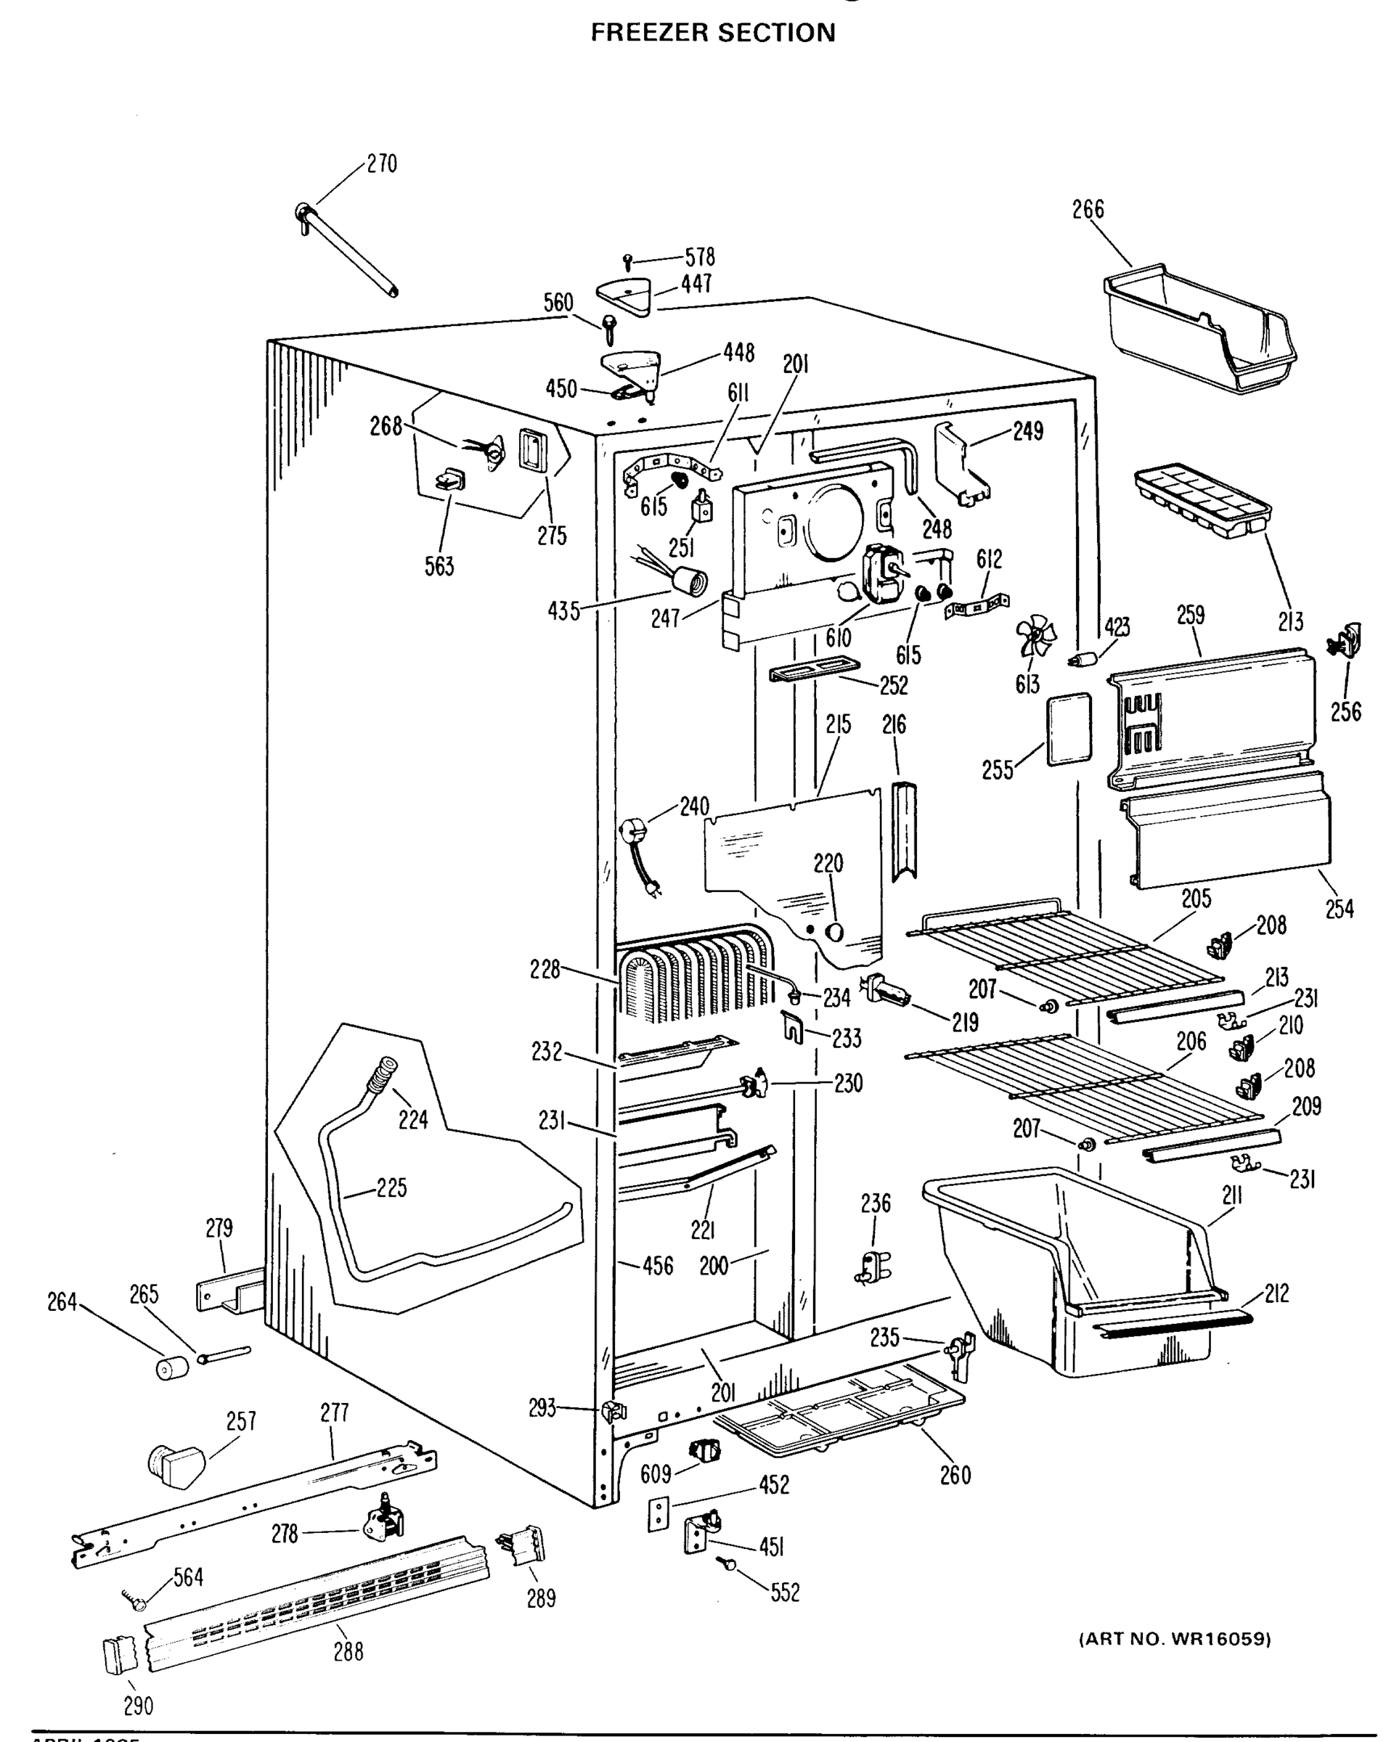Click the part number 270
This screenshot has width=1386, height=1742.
[x=381, y=164]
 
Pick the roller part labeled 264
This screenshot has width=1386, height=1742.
[x=171, y=1369]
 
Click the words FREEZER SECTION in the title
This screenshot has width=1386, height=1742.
[x=712, y=33]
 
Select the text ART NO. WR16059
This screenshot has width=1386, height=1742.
[x=1174, y=1640]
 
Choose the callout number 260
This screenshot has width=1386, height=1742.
[x=955, y=1476]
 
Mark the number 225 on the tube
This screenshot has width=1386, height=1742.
[x=391, y=1187]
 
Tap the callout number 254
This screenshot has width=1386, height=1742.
[x=1338, y=909]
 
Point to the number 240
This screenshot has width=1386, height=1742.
[x=693, y=806]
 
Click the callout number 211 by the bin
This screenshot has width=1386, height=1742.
[x=1231, y=1195]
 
